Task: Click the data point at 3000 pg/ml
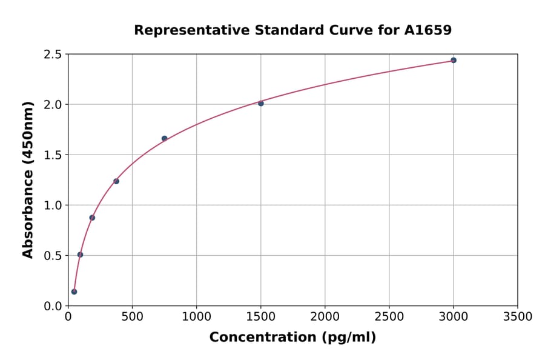point(454,60)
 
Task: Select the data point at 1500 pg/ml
point(261,103)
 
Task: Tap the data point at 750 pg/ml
point(164,138)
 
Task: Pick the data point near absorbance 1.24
point(116,181)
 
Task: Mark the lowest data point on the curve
point(74,292)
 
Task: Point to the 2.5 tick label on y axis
point(53,55)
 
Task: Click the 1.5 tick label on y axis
point(53,155)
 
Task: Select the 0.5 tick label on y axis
point(53,256)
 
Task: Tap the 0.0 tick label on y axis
point(53,306)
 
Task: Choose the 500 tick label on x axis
point(132,316)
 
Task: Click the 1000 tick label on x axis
point(196,316)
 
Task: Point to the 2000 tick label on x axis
point(325,316)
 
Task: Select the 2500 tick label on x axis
point(389,316)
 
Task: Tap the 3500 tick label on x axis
point(518,316)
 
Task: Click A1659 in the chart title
point(428,30)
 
